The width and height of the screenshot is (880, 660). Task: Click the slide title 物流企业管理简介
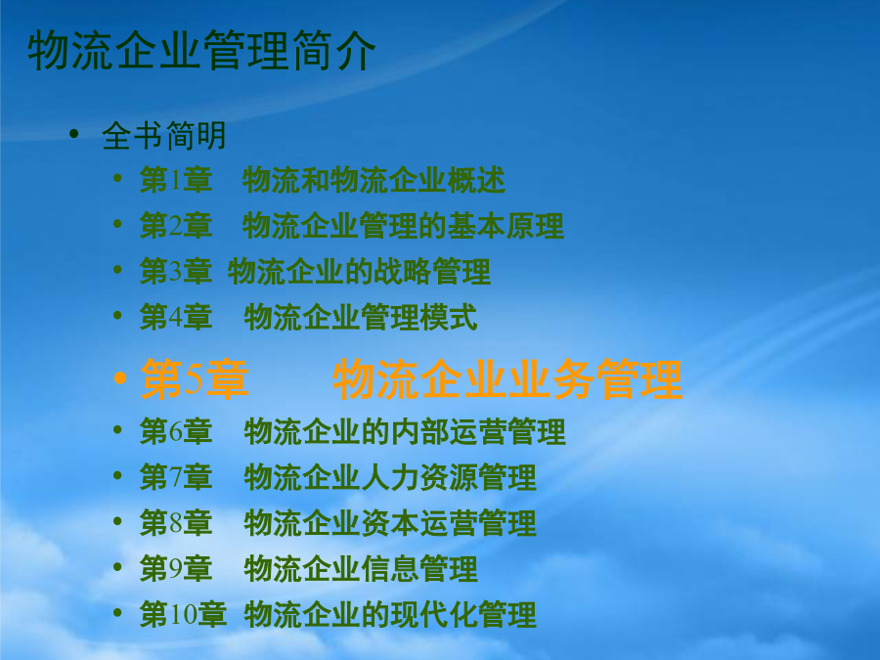tap(201, 51)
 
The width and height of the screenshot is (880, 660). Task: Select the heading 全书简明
tap(164, 136)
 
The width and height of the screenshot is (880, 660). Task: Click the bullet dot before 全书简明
tap(74, 134)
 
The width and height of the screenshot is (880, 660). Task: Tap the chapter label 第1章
tap(176, 180)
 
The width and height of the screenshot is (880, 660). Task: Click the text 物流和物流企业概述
tap(374, 180)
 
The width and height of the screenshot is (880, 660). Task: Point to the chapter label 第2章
tap(176, 226)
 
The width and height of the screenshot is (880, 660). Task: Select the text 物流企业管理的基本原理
tap(403, 226)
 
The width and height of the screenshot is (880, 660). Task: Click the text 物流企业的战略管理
tap(359, 272)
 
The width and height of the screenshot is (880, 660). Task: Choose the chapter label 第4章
tap(176, 317)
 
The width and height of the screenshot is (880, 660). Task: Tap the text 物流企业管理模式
tap(361, 317)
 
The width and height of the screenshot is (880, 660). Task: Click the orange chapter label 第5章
tap(195, 379)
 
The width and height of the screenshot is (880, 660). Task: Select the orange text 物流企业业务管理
tap(507, 379)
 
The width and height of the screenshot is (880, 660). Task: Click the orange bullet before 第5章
tap(119, 378)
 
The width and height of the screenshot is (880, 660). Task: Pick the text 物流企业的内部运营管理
tap(405, 431)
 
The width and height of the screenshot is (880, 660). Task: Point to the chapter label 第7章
tap(176, 477)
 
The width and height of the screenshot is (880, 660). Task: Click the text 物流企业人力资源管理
tap(390, 477)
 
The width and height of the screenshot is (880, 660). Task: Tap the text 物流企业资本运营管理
tap(390, 523)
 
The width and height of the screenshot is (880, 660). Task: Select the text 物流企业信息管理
tap(361, 569)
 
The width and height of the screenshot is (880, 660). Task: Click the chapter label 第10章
tap(184, 615)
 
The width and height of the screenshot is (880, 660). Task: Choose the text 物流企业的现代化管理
tap(390, 615)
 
